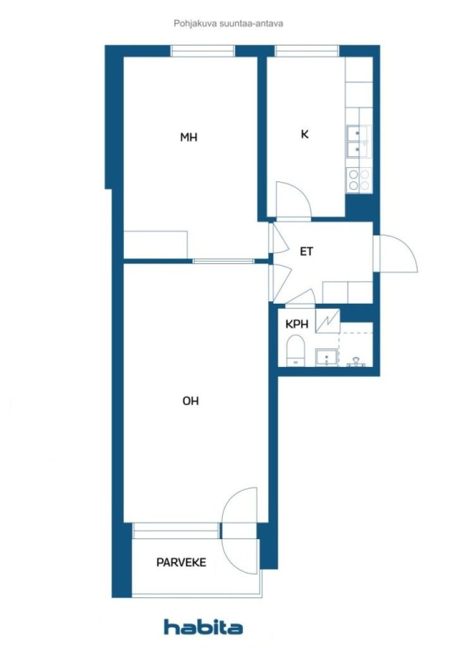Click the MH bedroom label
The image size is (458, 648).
coord(189,137)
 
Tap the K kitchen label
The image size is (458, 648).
coord(305,134)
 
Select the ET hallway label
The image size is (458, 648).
coord(306,251)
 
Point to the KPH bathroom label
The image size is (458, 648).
coord(297,324)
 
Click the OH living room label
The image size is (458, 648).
coord(190,401)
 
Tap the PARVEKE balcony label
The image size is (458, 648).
coord(182,562)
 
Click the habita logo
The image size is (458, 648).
coord(203,627)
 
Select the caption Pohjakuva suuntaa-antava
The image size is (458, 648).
coord(228,23)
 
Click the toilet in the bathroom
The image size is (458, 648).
coord(295,351)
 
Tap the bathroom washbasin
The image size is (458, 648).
coord(326,358)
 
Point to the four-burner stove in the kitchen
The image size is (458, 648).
coord(359,180)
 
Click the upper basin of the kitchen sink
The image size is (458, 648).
coord(354,133)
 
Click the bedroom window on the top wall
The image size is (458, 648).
coord(203,51)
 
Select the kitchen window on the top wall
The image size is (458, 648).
coord(307,51)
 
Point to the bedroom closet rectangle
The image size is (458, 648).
coord(156,245)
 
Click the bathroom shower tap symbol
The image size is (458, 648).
coord(356,362)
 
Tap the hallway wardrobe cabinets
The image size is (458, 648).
coord(348,292)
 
